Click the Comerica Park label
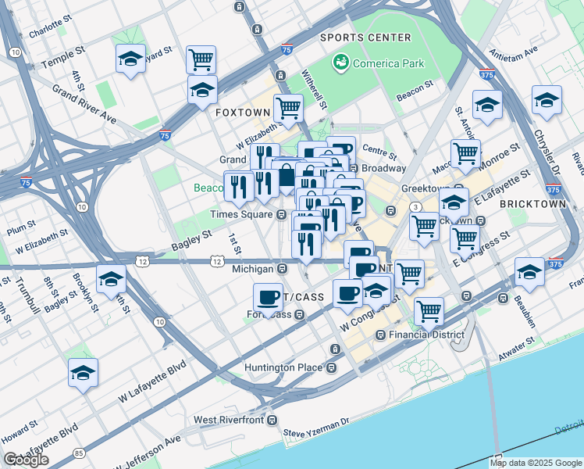coord(384,61)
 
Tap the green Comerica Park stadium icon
coord(340,61)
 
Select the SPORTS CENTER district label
coord(365,38)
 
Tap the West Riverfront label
coord(227,420)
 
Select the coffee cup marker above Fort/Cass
coord(269,298)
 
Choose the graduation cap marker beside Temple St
coord(130,58)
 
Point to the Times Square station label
coord(242,214)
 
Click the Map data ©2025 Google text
coord(536,463)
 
